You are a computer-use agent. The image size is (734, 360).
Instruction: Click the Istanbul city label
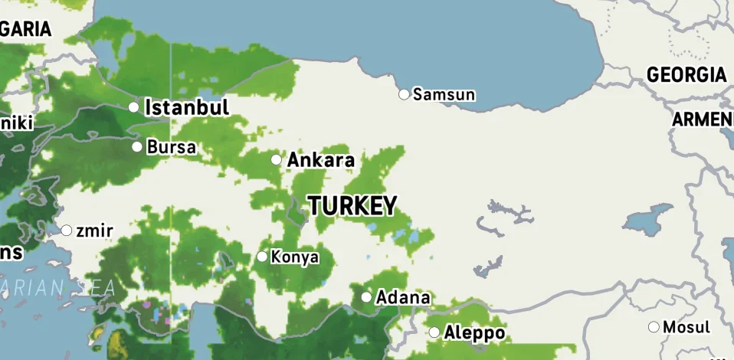click(187, 106)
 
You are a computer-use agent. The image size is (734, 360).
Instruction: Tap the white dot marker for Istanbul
click(134, 106)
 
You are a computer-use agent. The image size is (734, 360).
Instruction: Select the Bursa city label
click(172, 146)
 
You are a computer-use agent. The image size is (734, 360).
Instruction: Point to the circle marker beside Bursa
click(137, 146)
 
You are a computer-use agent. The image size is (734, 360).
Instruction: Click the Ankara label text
click(320, 160)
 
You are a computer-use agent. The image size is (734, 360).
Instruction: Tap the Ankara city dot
click(277, 159)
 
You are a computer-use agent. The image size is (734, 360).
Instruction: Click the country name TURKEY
click(352, 205)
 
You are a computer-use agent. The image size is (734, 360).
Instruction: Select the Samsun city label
click(444, 95)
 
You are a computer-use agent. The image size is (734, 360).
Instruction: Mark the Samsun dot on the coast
click(404, 94)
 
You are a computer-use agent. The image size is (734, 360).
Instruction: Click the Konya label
click(295, 257)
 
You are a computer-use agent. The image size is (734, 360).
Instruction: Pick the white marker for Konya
click(262, 257)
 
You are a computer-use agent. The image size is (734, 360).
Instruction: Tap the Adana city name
click(403, 297)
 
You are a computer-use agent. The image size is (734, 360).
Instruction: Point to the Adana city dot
click(366, 296)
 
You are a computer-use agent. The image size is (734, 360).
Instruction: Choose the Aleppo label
click(474, 333)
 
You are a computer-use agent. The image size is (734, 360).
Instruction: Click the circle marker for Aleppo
click(434, 332)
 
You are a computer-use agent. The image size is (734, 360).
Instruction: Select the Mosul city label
click(686, 327)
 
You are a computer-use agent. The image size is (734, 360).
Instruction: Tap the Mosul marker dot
click(654, 327)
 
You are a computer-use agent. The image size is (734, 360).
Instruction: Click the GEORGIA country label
click(686, 75)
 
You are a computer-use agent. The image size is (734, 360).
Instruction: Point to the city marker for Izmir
click(67, 230)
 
